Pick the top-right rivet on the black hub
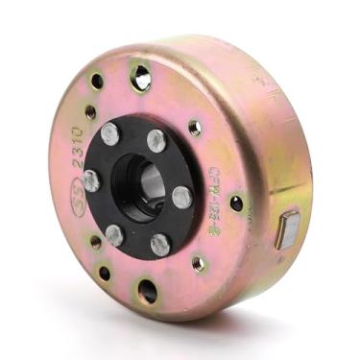pyautogui.click(x=156, y=141)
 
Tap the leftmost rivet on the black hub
pyautogui.click(x=91, y=180)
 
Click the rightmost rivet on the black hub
pyautogui.click(x=180, y=198)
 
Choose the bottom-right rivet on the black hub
pyautogui.click(x=160, y=246)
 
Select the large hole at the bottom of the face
pyautogui.click(x=146, y=290)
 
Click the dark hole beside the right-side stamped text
pyautogui.click(x=236, y=203)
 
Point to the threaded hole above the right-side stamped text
pyautogui.click(x=196, y=128)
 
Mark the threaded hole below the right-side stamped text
pyautogui.click(x=200, y=262)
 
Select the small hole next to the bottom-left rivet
pyautogui.click(x=95, y=242)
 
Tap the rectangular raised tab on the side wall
pyautogui.click(x=287, y=230)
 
